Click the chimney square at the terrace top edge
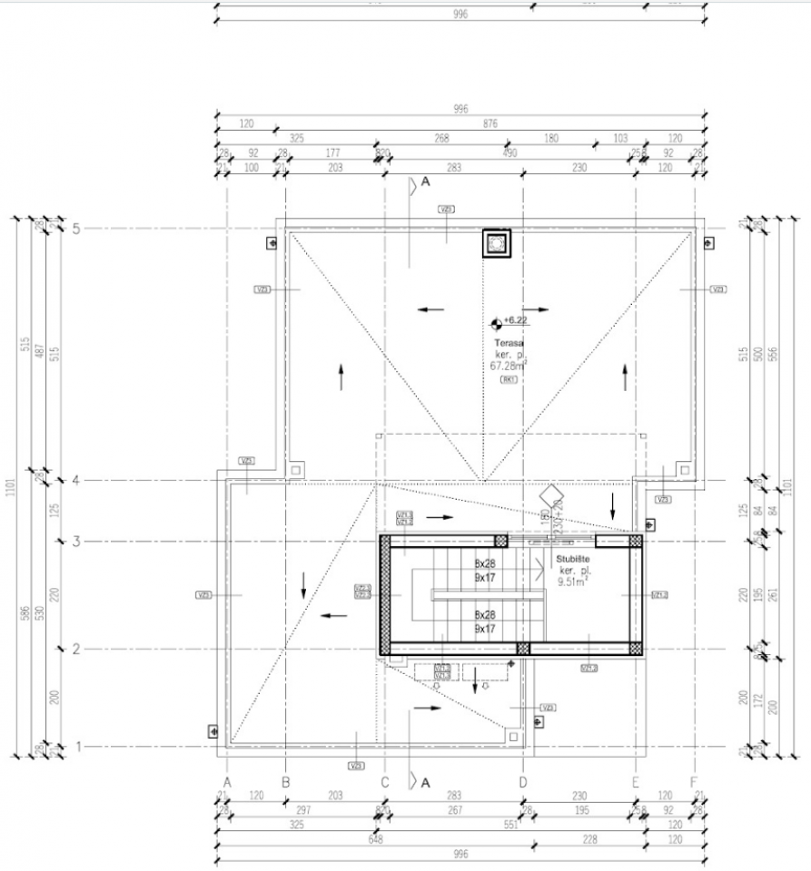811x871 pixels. pos(496,243)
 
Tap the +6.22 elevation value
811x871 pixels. pos(516,320)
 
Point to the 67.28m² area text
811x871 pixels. pos(508,367)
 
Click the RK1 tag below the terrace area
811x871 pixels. pos(508,380)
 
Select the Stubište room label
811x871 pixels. pos(574,561)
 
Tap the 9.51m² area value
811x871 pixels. pos(574,584)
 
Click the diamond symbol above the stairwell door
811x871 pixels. pos(549,498)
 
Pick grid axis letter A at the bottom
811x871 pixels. pos(227,781)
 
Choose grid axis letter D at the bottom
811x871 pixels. pos(523,781)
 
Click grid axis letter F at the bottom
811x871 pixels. pos(695,781)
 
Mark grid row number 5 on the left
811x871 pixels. pos(76,229)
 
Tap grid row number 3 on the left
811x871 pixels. pos(76,542)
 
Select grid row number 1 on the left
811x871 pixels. pos(76,747)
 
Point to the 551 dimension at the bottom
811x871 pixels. pos(510,824)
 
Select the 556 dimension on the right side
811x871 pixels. pos(773,353)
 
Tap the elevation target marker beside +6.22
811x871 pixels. pos(495,321)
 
